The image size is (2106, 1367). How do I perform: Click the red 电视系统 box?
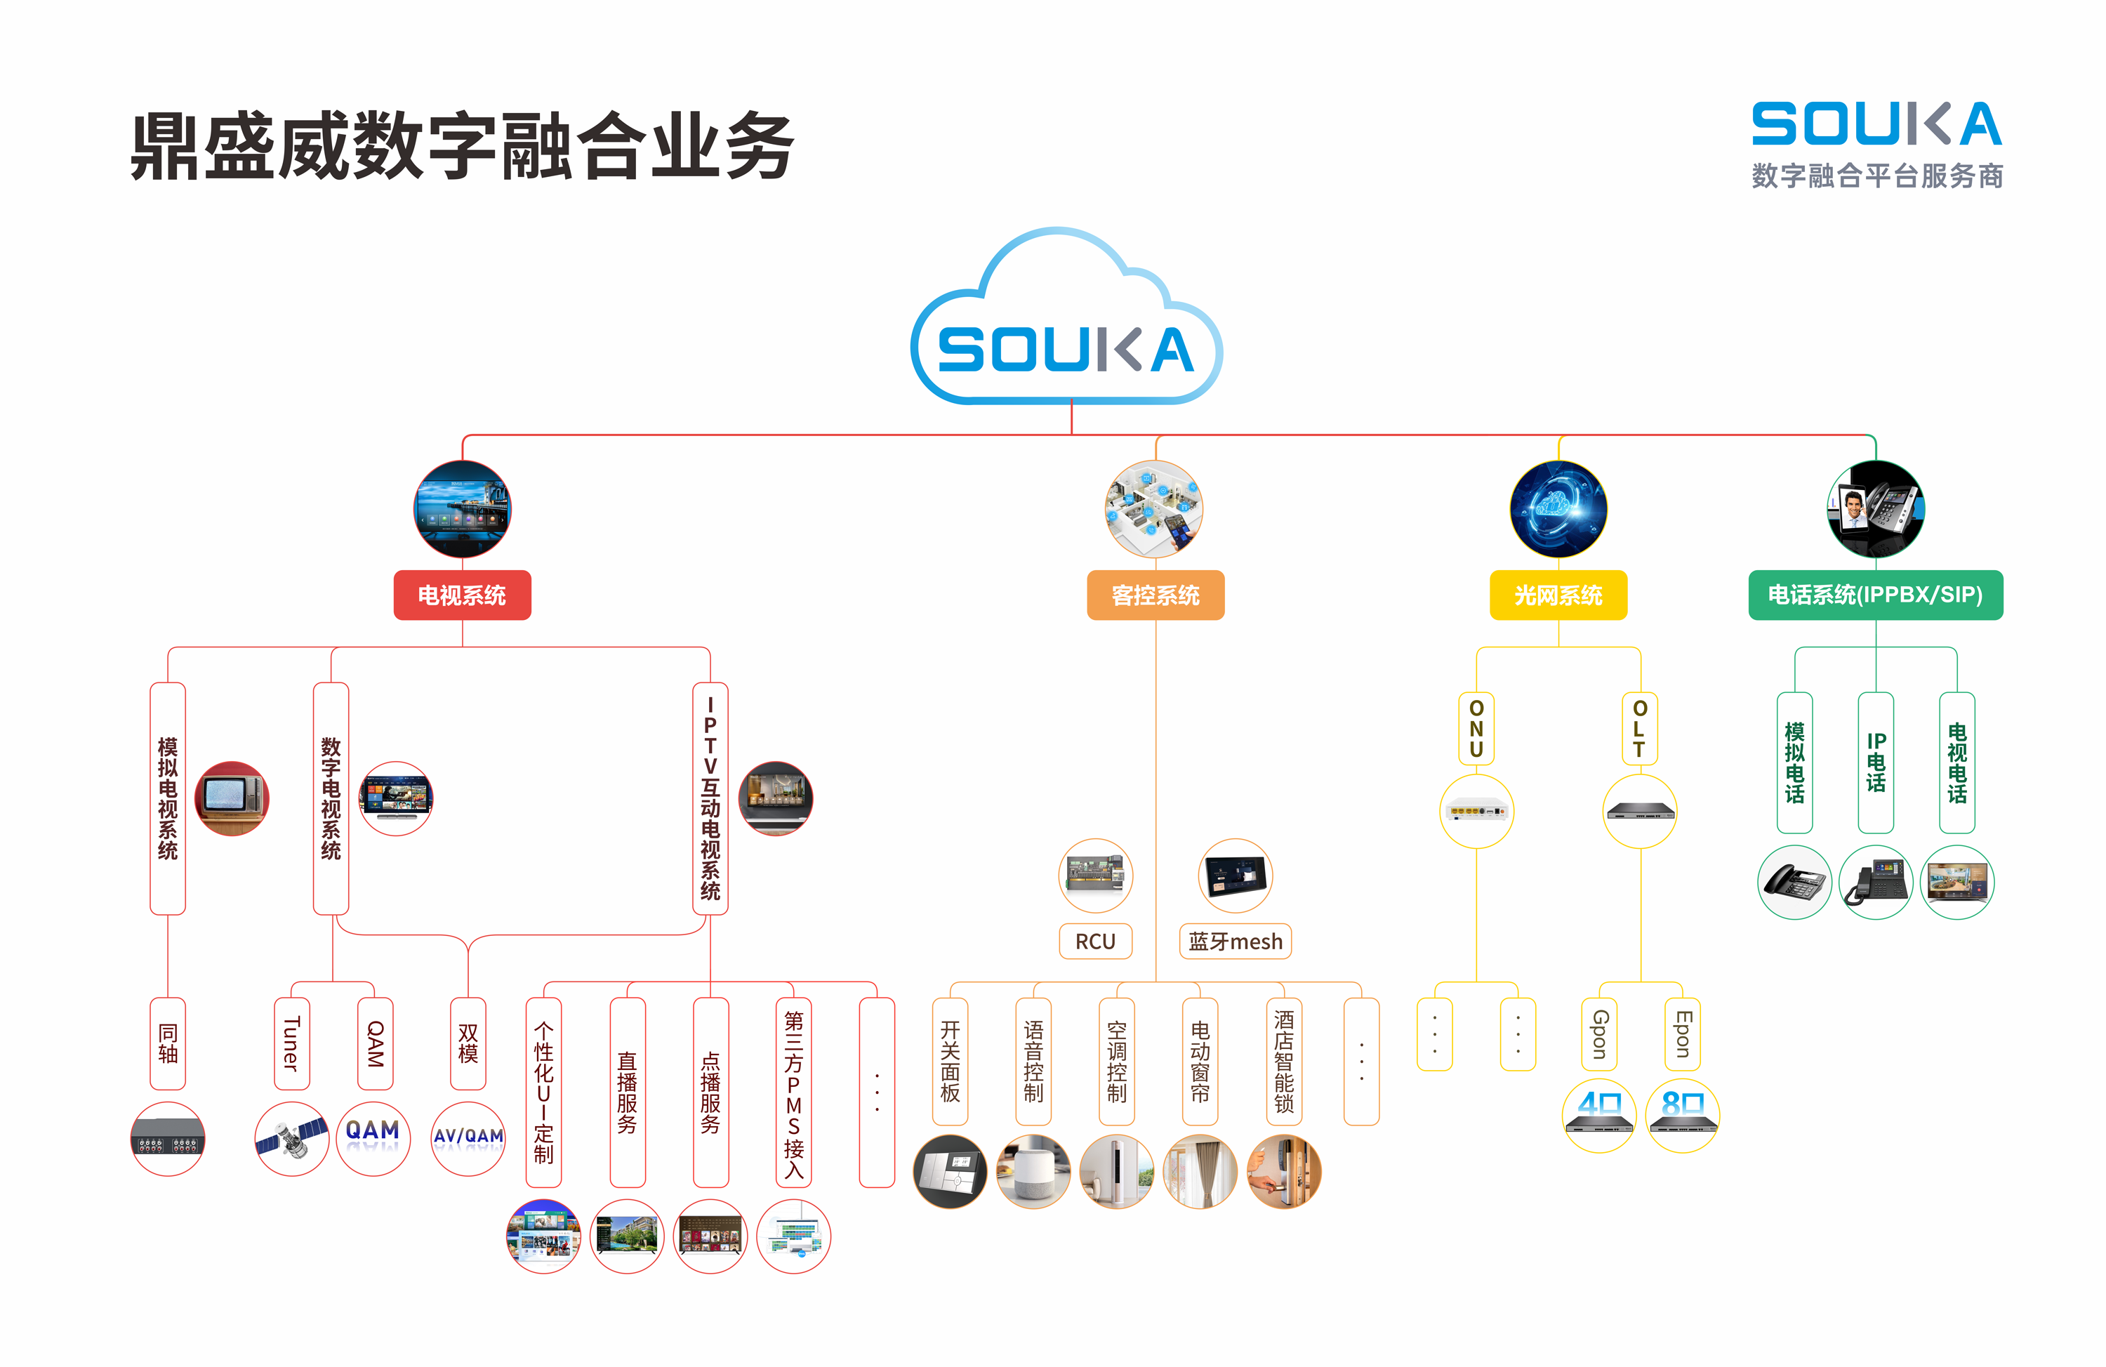point(462,595)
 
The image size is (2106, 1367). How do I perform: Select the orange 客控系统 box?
point(1155,595)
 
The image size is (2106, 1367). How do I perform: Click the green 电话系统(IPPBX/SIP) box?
point(1875,595)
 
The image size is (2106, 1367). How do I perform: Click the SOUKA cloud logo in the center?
point(1066,348)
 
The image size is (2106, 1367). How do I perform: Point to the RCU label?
point(1096,942)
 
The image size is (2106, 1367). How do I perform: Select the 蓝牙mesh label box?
point(1236,942)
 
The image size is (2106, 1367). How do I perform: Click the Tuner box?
point(292,1043)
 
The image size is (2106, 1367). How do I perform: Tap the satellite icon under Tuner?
point(292,1138)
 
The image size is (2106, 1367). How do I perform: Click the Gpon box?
point(1599,1034)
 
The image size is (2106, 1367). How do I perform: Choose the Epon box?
point(1682,1034)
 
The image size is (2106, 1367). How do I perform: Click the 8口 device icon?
point(1682,1115)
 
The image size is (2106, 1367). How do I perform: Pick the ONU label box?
point(1476,728)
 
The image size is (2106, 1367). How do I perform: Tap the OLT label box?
point(1640,728)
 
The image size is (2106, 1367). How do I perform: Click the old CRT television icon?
point(232,798)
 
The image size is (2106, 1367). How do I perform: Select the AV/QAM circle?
point(468,1138)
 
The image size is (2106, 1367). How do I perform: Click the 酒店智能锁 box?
point(1284,1061)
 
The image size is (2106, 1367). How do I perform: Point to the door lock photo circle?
point(1284,1171)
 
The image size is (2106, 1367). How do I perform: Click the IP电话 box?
point(1876,762)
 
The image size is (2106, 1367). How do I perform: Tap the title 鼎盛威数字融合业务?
point(462,147)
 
